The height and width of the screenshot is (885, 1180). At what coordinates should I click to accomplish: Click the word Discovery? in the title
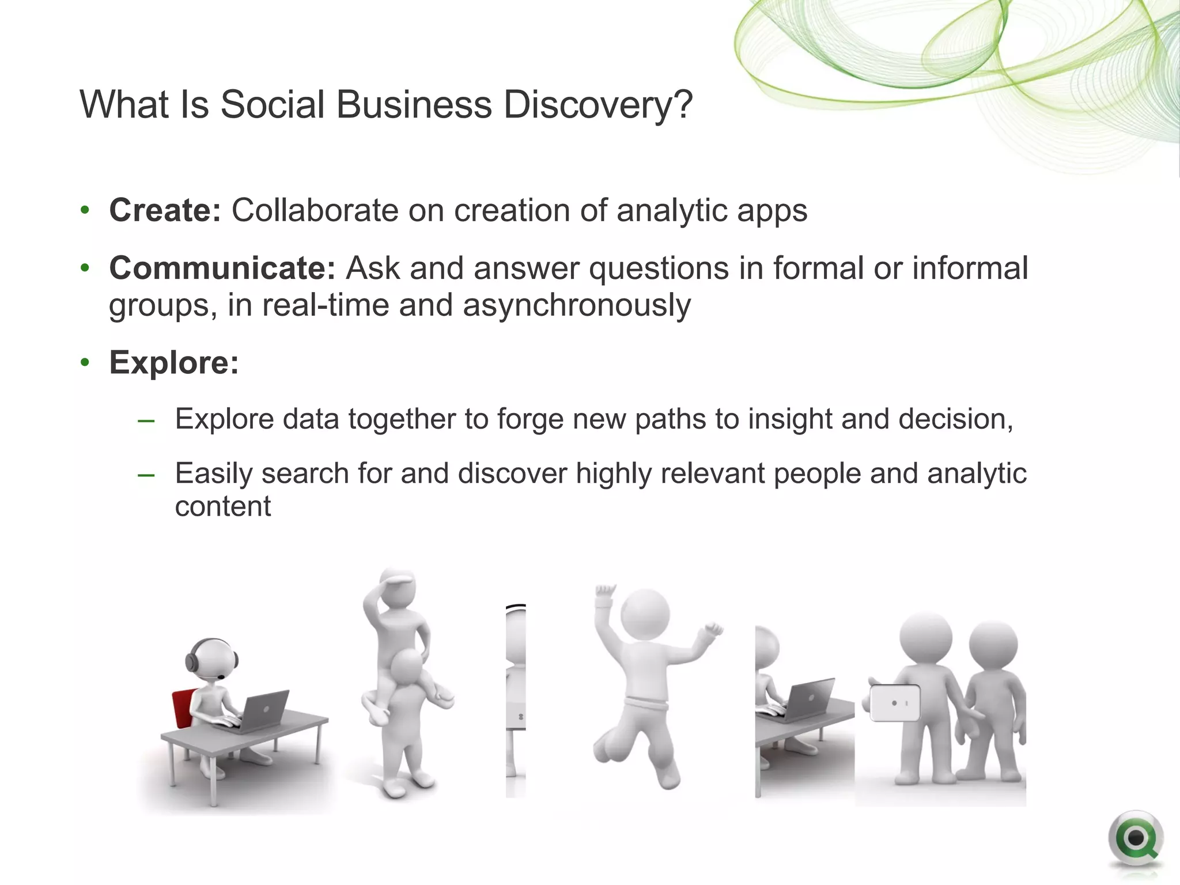597,105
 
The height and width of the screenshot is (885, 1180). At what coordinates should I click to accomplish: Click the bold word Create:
165,210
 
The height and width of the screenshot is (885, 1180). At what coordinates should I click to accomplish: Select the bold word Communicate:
222,268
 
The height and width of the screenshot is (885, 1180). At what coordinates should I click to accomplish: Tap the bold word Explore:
174,363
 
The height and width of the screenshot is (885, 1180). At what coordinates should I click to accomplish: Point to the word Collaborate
315,210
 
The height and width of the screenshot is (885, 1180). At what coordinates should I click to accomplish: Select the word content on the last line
222,507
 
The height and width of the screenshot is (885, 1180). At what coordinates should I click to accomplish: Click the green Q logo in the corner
1135,839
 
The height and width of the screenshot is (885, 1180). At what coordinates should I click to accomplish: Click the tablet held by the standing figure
894,703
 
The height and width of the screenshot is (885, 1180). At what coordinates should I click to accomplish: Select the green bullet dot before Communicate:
85,268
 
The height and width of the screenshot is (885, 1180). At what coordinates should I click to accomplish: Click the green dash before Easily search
146,475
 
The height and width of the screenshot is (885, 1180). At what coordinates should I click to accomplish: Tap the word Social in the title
273,105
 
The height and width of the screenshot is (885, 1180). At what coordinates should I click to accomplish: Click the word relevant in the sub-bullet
712,474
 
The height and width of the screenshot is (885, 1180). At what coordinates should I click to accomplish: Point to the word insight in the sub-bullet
789,419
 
